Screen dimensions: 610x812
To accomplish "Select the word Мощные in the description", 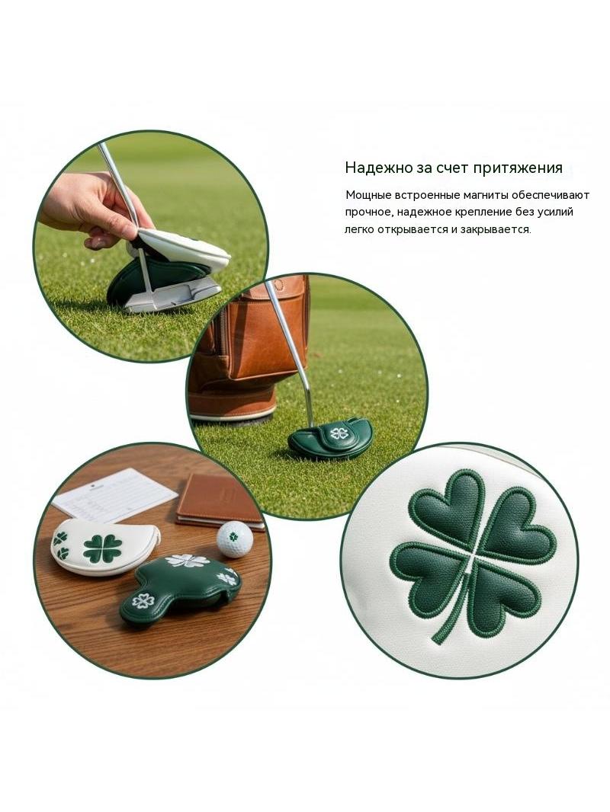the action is coord(368,195).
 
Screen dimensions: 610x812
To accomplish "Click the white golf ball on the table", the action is coord(235,539).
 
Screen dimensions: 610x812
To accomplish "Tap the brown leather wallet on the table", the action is coord(220,500).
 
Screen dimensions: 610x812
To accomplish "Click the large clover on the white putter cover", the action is coord(103,548).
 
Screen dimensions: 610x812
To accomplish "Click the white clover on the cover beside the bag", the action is coord(339,433).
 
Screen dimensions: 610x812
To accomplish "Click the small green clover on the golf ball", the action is coord(234,536).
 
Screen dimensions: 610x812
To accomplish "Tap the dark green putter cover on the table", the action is coord(181,589).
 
